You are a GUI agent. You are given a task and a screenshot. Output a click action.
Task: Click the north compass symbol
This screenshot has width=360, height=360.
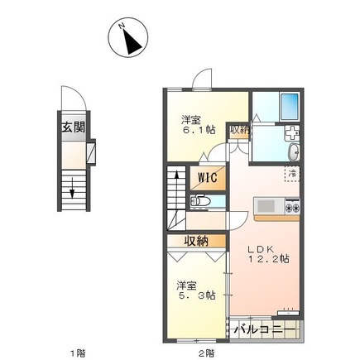[128, 37]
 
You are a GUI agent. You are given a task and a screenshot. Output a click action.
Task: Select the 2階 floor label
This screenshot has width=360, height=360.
[207, 352]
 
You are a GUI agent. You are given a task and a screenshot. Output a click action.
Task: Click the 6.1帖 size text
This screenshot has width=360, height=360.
[199, 131]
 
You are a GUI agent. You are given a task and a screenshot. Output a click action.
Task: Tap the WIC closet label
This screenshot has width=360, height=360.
[207, 177]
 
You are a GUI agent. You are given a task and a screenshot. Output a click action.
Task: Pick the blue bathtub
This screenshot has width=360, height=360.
[289, 105]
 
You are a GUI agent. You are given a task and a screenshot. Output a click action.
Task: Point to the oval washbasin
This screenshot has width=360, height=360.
[295, 153]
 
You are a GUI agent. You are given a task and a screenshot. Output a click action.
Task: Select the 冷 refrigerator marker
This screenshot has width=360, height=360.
[291, 173]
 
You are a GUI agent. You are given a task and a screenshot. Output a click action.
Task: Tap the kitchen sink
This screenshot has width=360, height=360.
[266, 205]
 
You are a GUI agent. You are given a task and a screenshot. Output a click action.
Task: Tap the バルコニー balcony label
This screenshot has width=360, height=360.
[263, 329]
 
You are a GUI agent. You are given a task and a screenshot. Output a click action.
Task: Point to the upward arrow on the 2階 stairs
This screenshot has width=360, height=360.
[176, 184]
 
